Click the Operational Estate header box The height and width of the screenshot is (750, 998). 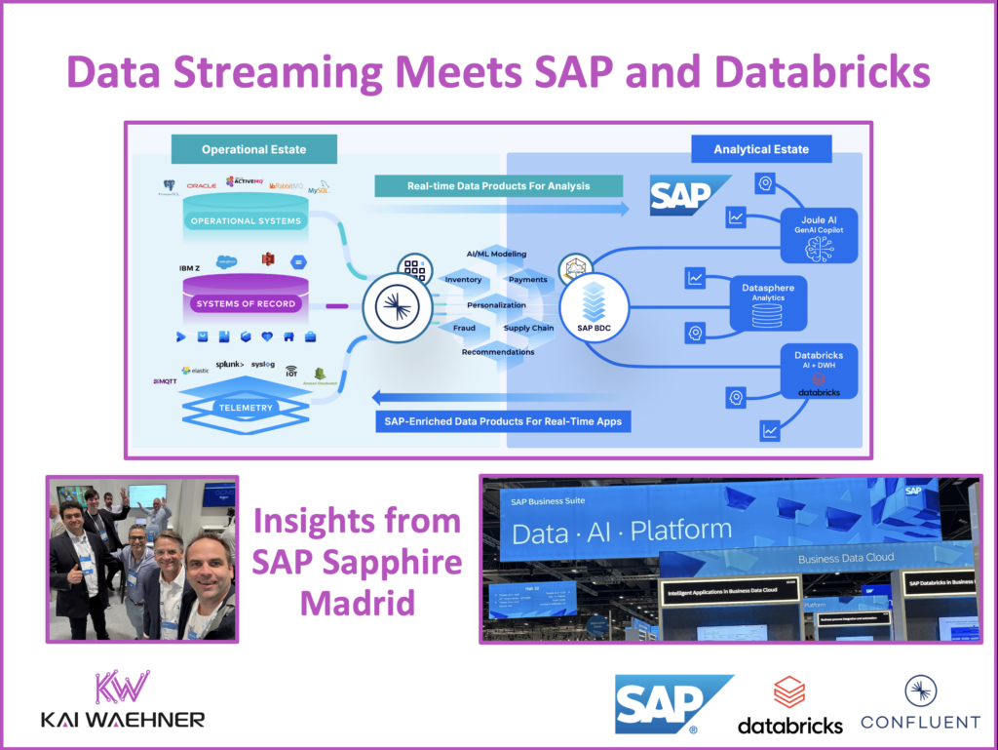[x=254, y=149]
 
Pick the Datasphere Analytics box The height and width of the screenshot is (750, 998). [x=769, y=303]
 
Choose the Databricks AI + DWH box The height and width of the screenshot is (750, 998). [x=819, y=372]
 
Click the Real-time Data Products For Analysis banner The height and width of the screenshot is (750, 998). [x=484, y=185]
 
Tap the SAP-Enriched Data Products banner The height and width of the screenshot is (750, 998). [x=498, y=421]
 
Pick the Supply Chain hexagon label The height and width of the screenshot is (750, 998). [x=529, y=328]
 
